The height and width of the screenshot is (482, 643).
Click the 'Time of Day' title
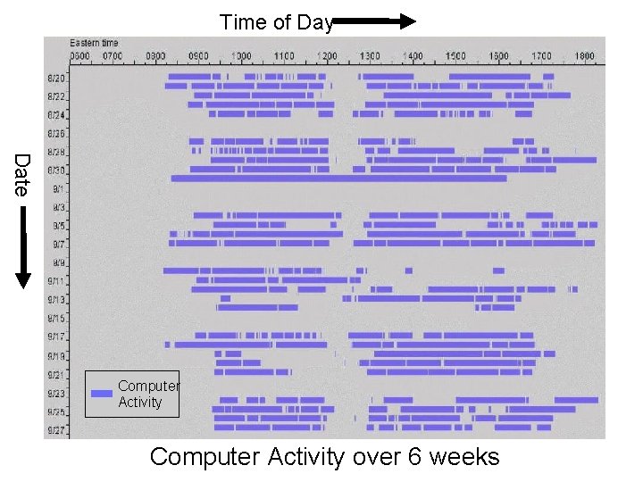point(276,22)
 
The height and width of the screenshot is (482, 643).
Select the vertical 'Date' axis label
point(22,175)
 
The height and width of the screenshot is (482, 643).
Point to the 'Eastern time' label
point(95,43)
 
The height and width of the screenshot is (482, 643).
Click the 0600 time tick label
point(80,56)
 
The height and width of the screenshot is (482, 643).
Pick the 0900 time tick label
point(197,56)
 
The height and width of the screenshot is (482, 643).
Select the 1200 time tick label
point(326,56)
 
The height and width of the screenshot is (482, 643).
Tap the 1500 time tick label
point(455,56)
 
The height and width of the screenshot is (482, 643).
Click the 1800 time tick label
point(584,56)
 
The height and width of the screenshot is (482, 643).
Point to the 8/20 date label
point(55,78)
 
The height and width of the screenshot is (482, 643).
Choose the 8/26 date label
point(55,134)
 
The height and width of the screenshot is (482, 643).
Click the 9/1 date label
point(58,189)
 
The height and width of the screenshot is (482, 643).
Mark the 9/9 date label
point(58,263)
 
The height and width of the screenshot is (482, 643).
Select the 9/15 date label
point(55,319)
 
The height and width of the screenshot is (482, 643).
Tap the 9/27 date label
point(55,430)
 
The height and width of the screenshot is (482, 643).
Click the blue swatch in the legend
point(102,394)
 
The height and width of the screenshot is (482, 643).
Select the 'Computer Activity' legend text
point(148,394)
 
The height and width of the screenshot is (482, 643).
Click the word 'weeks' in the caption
point(464,457)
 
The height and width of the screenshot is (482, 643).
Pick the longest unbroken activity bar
point(338,179)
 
